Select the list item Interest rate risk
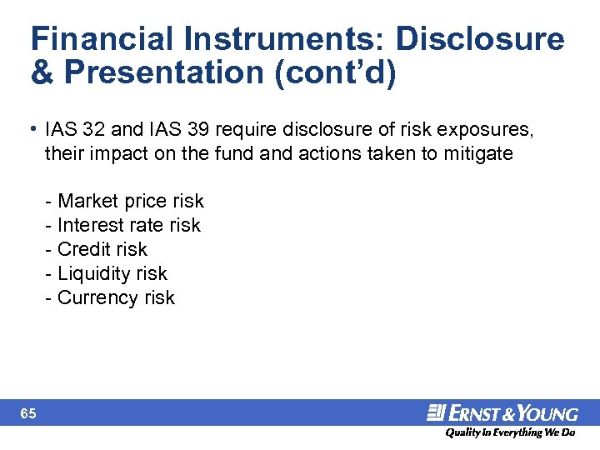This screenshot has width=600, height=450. [124, 225]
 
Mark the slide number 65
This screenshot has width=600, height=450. [28, 413]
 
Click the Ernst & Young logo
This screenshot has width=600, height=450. [502, 413]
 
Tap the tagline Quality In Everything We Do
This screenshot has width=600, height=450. [510, 433]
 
